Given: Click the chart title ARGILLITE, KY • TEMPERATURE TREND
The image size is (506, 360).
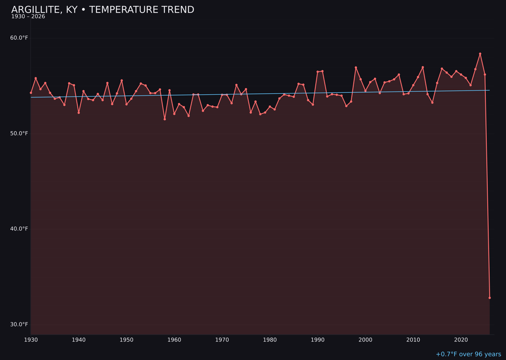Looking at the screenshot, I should pos(103,10).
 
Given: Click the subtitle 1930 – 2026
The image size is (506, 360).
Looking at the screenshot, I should pos(28,17).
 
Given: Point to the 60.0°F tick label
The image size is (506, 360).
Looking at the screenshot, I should pos(19,38).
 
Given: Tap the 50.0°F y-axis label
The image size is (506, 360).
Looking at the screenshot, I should pos(19,134).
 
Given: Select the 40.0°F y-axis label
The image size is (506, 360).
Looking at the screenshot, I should pos(19,229).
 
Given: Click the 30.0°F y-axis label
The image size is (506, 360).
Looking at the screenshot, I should pos(19,324).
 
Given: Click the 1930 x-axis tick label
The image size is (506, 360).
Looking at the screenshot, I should pos(31,340).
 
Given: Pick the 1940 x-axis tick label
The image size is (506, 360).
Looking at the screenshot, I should pos(79,340).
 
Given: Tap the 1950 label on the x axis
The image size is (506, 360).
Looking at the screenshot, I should pos(126,340).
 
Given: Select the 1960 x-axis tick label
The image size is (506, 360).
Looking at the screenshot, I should pos(174,340).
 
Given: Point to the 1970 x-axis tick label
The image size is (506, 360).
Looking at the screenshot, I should pos(222,340).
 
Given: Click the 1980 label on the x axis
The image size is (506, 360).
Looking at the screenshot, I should pos(270,340).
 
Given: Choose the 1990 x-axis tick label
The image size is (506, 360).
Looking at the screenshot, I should pos(318,340).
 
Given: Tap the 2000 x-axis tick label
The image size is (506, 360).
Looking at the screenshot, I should pos(365,340).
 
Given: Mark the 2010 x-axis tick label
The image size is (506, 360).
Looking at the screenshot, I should pos(413,340).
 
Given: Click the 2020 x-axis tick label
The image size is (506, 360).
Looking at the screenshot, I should pos(461,340).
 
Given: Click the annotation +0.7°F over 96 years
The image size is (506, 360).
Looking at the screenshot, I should pos(468,354).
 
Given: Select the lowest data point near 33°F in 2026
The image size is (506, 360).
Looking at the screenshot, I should pos(490,298).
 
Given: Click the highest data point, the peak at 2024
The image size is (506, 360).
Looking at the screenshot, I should pos(480,54).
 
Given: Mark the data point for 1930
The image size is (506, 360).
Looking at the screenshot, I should pos(31,93).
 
